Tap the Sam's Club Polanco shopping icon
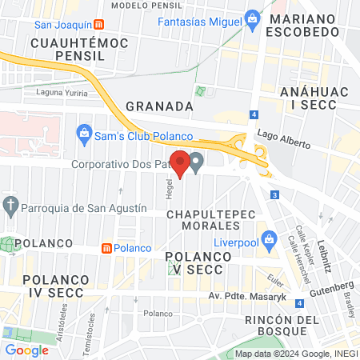[x=83, y=131]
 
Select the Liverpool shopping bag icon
[x=270, y=238]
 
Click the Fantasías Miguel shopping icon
[x=253, y=17]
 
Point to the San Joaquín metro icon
[x=98, y=24]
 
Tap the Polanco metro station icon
[x=106, y=248]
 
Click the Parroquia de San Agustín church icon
[x=10, y=207]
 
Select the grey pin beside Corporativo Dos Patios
[x=196, y=162]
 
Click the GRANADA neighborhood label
[x=160, y=106]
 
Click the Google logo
[x=26, y=350]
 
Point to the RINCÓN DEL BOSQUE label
[x=276, y=325]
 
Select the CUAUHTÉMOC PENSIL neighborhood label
[x=68, y=49]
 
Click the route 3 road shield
[x=274, y=194]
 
